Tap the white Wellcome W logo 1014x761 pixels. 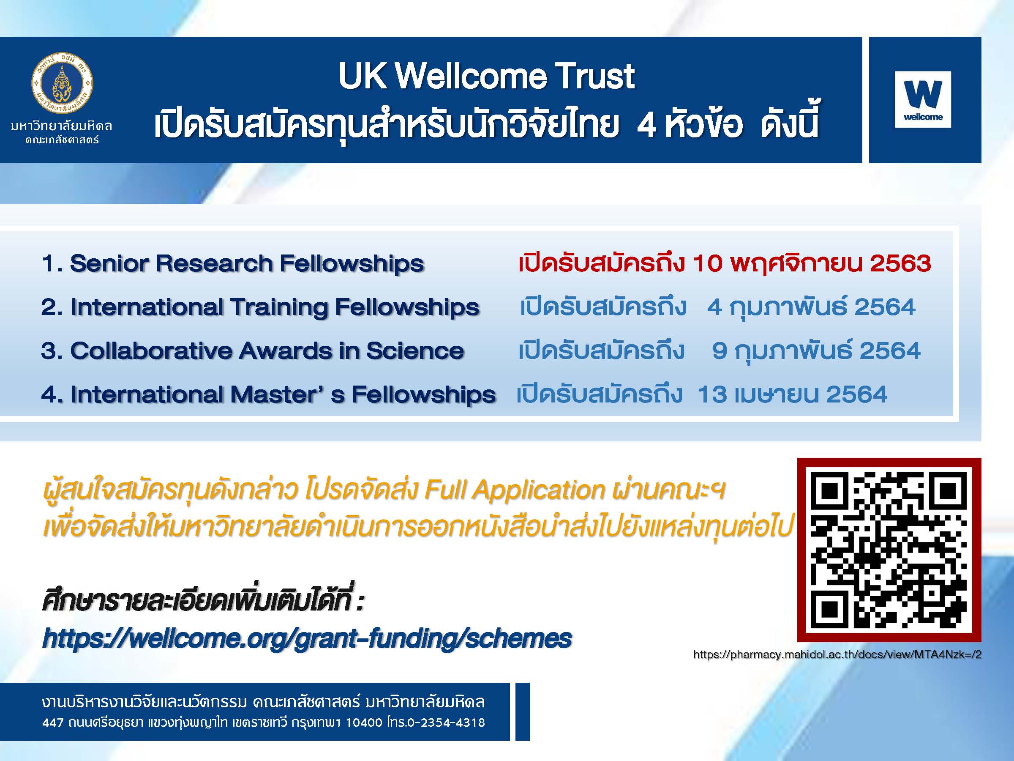click(x=923, y=99)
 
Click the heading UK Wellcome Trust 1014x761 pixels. click(x=486, y=76)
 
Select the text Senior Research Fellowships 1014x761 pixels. click(x=247, y=264)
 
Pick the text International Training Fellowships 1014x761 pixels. click(x=275, y=307)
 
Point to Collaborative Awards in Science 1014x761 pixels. click(x=267, y=351)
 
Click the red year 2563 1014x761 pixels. click(x=900, y=263)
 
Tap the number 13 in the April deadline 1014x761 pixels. click(x=712, y=394)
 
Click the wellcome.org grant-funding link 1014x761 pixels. click(x=307, y=638)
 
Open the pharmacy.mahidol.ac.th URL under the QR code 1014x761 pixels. click(x=837, y=654)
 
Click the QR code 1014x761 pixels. click(x=889, y=550)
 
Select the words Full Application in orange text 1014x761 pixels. click(x=515, y=490)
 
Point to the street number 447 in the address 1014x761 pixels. click(x=52, y=723)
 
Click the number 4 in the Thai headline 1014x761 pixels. click(x=646, y=125)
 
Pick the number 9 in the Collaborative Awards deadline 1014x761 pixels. click(x=720, y=350)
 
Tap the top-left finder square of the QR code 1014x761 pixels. click(x=830, y=491)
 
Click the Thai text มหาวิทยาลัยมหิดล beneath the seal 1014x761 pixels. click(x=62, y=126)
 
